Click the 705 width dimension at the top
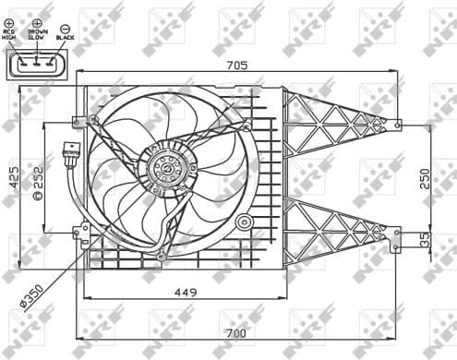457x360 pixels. click(237, 65)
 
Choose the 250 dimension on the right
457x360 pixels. click(424, 178)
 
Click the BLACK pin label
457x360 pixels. click(66, 39)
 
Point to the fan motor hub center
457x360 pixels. click(166, 169)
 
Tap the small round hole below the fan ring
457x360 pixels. click(244, 222)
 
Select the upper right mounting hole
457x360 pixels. click(397, 124)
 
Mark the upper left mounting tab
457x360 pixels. click(81, 120)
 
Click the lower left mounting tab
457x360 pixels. click(81, 231)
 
